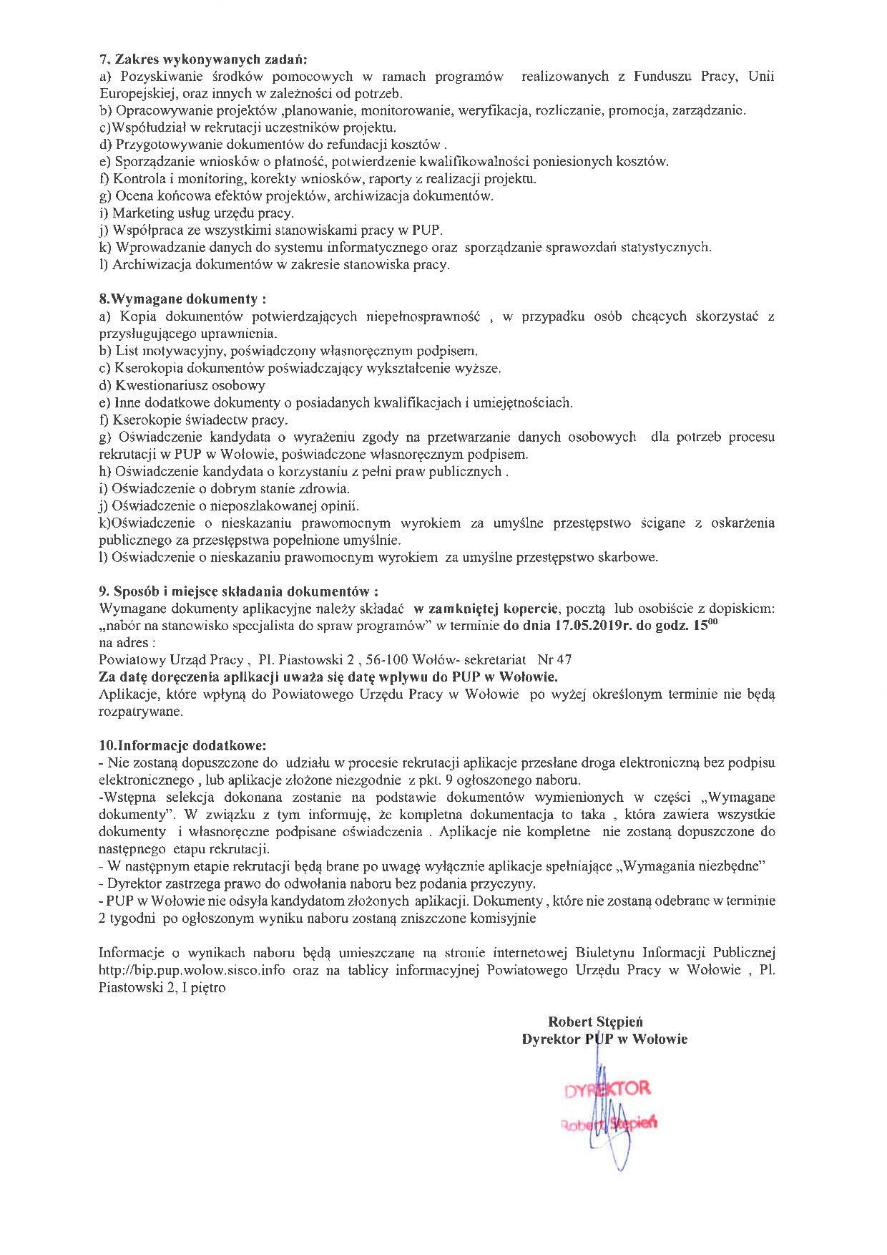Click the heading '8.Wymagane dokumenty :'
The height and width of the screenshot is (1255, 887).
pyautogui.click(x=187, y=299)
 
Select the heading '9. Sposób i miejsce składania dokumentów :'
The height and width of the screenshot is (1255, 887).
pyautogui.click(x=238, y=591)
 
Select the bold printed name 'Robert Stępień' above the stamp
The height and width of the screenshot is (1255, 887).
pyautogui.click(x=595, y=1022)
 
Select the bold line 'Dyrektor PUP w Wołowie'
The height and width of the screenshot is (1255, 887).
pyautogui.click(x=604, y=1040)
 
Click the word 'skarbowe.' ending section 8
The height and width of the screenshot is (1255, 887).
pyautogui.click(x=629, y=558)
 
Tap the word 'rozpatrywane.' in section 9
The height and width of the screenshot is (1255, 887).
pyautogui.click(x=140, y=712)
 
